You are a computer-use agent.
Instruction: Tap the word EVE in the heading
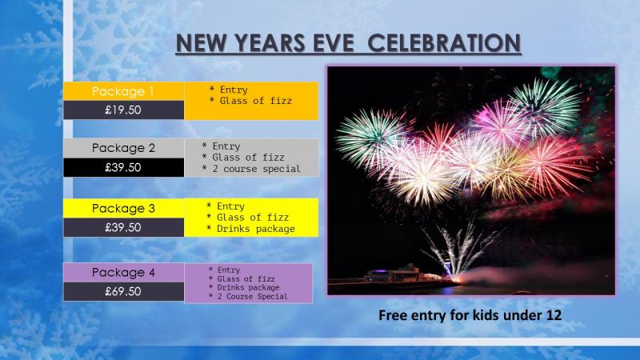[x=334, y=43]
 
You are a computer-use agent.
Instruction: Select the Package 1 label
[x=123, y=91]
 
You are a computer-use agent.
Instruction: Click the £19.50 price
[x=123, y=110]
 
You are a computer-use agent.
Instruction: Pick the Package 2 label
[x=123, y=148]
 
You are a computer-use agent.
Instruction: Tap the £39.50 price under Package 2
[x=123, y=167]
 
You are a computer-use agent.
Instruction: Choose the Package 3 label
[x=123, y=208]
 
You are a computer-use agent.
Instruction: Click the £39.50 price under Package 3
[x=123, y=227]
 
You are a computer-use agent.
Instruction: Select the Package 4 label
[x=123, y=272]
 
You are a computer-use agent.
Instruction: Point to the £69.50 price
[x=123, y=291]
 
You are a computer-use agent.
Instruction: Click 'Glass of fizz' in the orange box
[x=256, y=101]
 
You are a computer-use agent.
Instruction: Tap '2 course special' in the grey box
[x=256, y=169]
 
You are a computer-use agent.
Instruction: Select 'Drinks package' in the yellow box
[x=256, y=229]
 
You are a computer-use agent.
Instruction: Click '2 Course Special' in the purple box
[x=252, y=296]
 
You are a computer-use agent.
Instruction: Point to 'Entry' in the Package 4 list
[x=229, y=270]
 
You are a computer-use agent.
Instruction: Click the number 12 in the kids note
[x=553, y=315]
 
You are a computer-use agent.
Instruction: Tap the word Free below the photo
[x=393, y=315]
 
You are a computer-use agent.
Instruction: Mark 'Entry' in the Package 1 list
[x=234, y=90]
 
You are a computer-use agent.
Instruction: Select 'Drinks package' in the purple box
[x=248, y=287]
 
